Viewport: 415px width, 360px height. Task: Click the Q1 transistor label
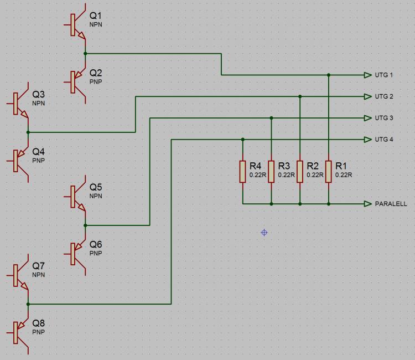tap(96, 16)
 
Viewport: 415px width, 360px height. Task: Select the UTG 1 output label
tap(384, 75)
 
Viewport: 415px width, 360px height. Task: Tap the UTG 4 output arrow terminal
tap(368, 140)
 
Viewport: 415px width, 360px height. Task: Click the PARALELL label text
tap(391, 204)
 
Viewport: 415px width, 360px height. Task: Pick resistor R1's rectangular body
tap(329, 172)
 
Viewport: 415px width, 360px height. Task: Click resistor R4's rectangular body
tap(242, 172)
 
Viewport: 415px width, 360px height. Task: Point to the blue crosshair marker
tap(264, 233)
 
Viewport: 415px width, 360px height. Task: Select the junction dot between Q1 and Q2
tap(85, 54)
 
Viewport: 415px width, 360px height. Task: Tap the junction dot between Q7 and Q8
tap(28, 304)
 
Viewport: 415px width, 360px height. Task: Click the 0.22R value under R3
tap(286, 175)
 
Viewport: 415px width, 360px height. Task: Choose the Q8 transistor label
tap(38, 323)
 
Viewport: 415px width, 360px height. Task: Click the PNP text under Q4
tap(38, 160)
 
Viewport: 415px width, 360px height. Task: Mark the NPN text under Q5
tap(96, 196)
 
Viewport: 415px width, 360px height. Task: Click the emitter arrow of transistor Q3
tap(24, 114)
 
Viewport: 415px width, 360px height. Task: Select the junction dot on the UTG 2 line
tap(300, 96)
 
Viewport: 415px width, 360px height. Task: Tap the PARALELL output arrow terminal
tap(368, 204)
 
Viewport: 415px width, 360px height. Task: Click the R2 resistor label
tap(313, 166)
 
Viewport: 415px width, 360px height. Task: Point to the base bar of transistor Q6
tap(73, 254)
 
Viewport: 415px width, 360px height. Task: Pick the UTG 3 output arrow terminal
tap(368, 118)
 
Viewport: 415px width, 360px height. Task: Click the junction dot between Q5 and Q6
tap(85, 225)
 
